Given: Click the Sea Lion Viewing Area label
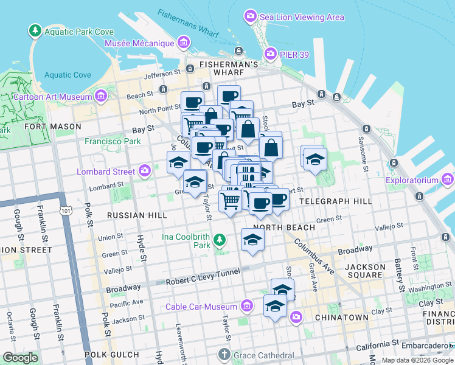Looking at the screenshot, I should [302, 16].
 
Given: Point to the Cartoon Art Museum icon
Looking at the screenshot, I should [101, 96].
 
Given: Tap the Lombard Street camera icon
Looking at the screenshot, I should [145, 172].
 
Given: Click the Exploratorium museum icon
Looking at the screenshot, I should [448, 180].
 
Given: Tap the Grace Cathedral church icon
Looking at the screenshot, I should [224, 354].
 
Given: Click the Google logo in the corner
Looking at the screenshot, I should [20, 358].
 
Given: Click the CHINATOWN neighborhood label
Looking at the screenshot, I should [341, 318].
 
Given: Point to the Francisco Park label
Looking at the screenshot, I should [113, 141].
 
